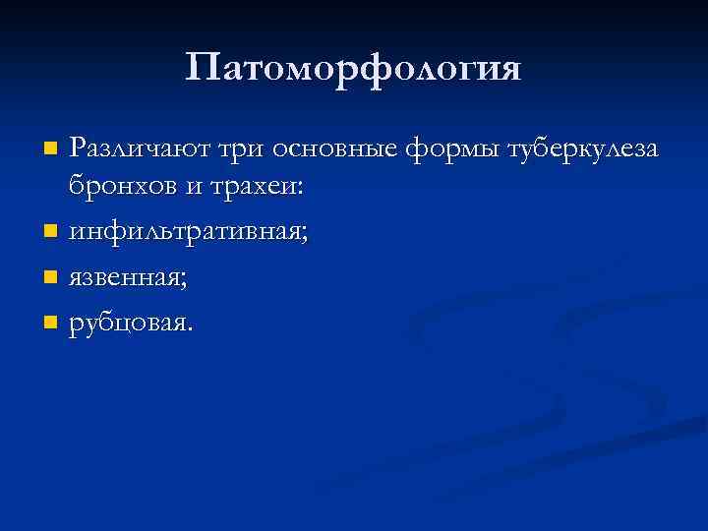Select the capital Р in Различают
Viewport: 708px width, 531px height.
point(78,149)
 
